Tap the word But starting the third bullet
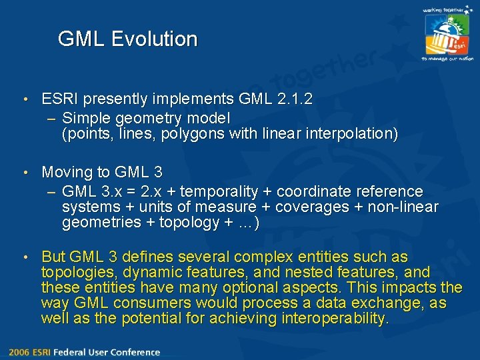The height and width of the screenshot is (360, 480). tap(53, 257)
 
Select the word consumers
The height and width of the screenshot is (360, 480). tap(149, 303)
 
